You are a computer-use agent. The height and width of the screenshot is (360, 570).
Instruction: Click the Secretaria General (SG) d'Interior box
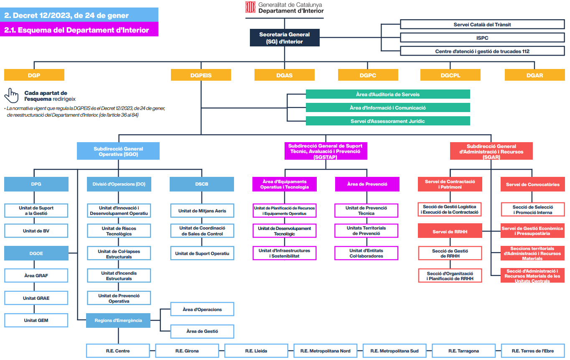[285, 38]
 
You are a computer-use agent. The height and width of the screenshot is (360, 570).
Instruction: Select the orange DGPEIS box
[201, 75]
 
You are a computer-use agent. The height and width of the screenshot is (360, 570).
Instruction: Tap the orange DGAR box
[534, 75]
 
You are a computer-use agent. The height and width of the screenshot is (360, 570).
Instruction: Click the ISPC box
[482, 38]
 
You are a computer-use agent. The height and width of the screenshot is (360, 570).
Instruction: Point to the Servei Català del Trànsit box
[482, 24]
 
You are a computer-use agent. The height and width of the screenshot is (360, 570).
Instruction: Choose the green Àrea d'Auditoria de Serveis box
[388, 94]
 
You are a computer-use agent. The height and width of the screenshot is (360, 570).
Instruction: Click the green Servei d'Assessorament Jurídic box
[388, 121]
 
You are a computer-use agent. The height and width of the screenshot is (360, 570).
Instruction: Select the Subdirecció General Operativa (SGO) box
[118, 151]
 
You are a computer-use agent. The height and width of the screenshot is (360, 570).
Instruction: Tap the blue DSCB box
[202, 184]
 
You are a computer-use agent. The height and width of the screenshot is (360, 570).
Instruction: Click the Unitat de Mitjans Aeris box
[202, 211]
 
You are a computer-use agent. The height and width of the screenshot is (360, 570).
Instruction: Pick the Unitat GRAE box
[36, 298]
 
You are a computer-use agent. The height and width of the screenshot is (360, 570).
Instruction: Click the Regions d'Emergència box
[118, 320]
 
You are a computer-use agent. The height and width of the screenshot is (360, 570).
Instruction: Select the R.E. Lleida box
[256, 351]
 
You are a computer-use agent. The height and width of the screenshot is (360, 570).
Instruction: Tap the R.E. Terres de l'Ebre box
[533, 351]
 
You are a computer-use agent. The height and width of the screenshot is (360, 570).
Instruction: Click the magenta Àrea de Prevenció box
[367, 184]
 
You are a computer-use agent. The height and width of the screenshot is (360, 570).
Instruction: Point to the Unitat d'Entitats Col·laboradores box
[366, 253]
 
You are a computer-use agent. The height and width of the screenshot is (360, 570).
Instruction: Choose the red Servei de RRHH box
[450, 231]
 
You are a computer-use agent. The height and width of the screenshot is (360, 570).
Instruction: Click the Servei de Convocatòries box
[532, 184]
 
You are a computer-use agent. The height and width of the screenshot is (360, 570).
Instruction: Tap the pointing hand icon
[11, 95]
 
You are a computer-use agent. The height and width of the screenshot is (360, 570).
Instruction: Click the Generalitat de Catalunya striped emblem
[250, 7]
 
